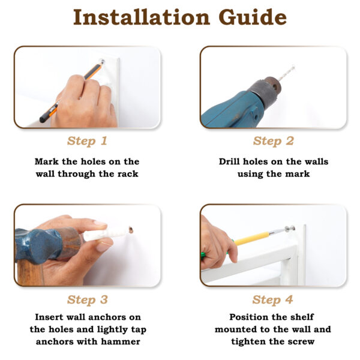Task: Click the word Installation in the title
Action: [x=142, y=17]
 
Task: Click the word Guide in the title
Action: [x=253, y=17]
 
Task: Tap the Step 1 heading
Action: [x=87, y=141]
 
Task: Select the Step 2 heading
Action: [x=273, y=141]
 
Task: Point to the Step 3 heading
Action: [x=88, y=300]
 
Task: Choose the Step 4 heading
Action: [x=272, y=300]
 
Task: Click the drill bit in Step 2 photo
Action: [x=287, y=73]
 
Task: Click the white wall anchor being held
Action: [x=106, y=234]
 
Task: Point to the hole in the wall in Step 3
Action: [x=131, y=229]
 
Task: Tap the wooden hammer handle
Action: [x=30, y=273]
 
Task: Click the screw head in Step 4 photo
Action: [x=290, y=229]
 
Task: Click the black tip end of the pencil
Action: [x=43, y=119]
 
